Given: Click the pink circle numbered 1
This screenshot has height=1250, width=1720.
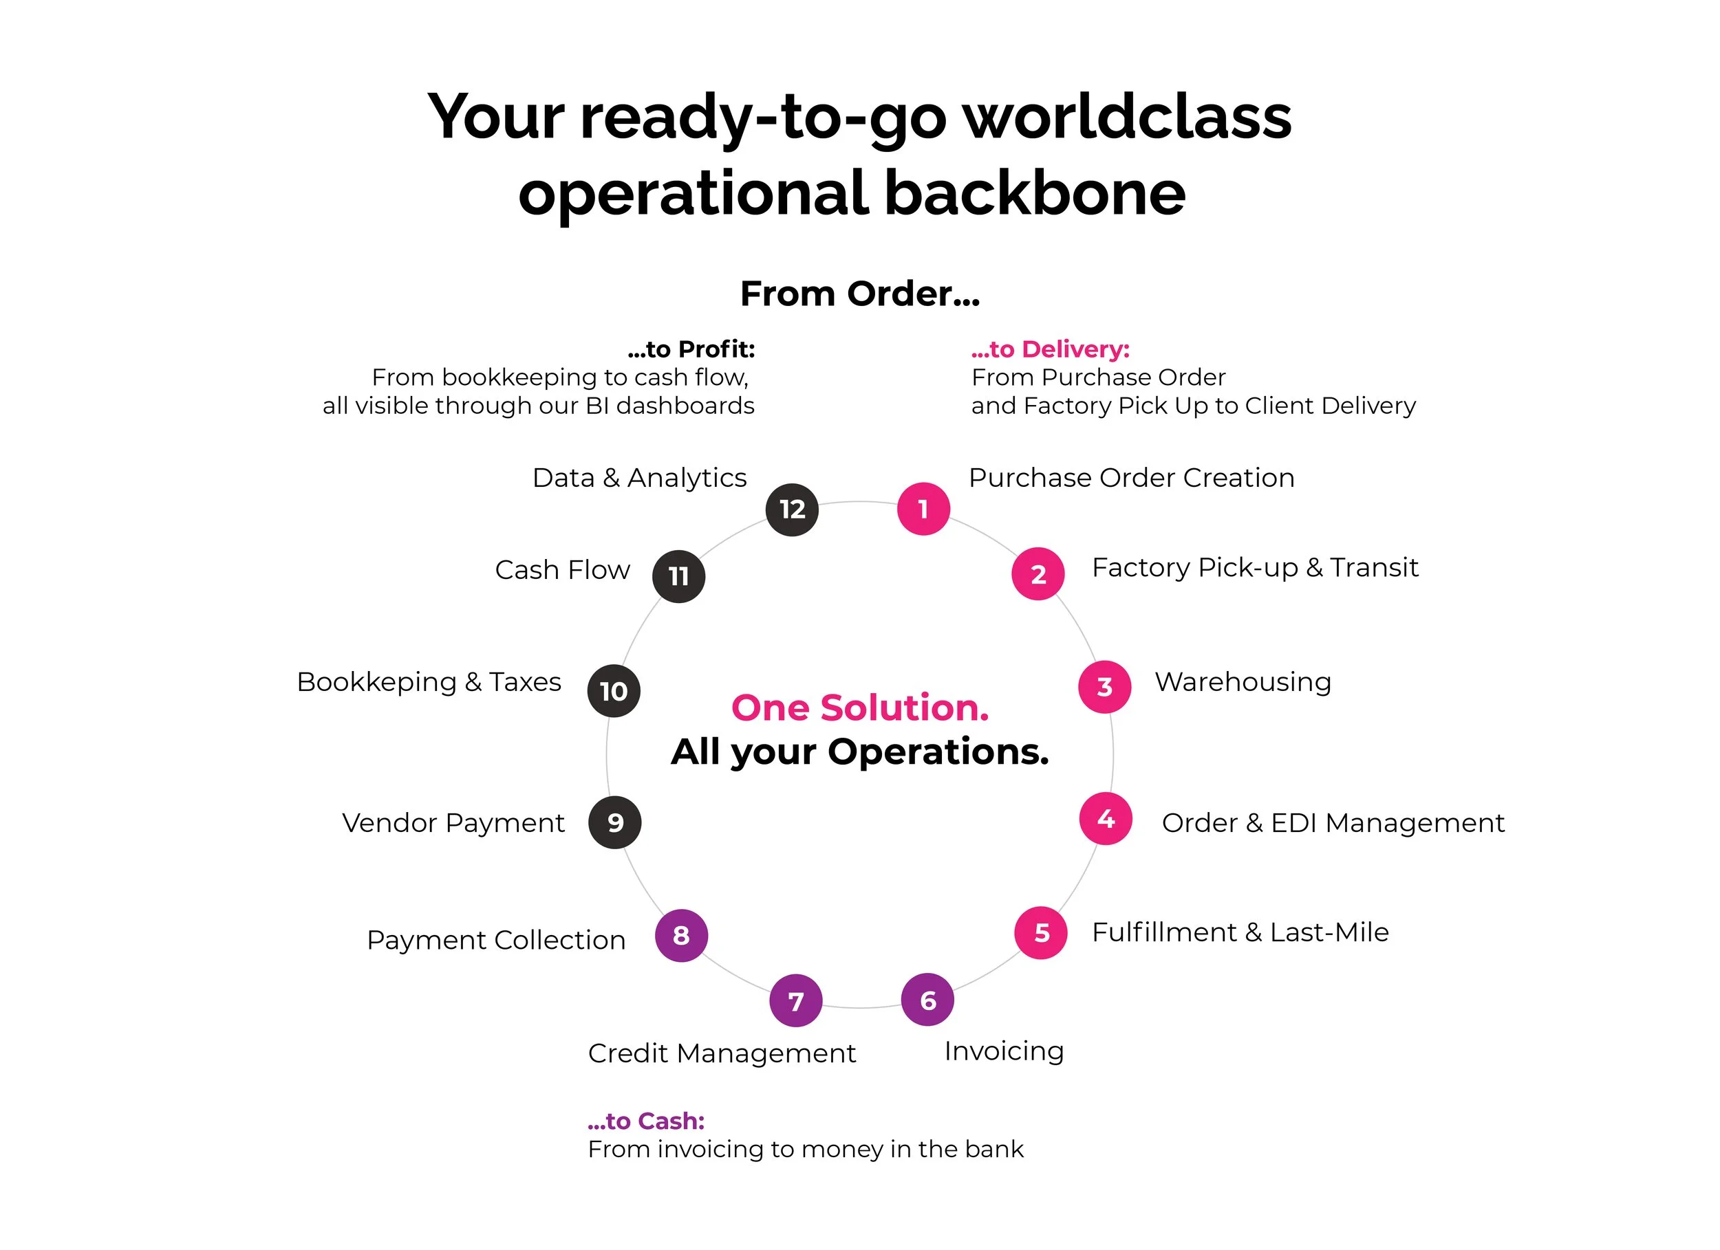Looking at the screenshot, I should (923, 509).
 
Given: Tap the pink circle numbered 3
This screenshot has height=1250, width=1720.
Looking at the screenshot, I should (1104, 687).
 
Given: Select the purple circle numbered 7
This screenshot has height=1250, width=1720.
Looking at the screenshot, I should (795, 1000).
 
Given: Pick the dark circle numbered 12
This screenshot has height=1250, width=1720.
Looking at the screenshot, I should (792, 509).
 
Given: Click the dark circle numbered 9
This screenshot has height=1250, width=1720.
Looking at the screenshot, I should (614, 822).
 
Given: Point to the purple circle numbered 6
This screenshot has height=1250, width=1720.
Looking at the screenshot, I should (927, 1000).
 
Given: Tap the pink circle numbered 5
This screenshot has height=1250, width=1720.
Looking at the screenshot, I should (1041, 932).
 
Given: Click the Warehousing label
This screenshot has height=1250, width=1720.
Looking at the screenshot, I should (1243, 682).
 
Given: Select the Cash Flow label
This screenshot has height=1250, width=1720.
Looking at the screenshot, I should (562, 569).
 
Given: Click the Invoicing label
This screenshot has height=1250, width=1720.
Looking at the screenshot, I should (1004, 1051).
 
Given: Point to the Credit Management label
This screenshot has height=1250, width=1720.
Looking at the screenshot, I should (721, 1053).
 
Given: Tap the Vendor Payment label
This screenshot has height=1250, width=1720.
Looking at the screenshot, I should (453, 822).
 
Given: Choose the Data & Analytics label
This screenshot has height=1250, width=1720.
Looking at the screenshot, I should (639, 478).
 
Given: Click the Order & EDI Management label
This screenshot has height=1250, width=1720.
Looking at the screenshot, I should (1333, 822).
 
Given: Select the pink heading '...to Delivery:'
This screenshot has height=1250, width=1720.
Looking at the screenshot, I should (1051, 349).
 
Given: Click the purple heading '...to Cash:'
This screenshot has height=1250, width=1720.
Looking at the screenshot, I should (646, 1120).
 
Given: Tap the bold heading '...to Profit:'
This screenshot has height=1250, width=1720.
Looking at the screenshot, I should (691, 349).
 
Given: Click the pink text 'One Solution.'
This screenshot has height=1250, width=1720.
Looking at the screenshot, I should (860, 708).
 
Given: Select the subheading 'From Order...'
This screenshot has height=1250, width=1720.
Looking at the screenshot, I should (860, 294).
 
